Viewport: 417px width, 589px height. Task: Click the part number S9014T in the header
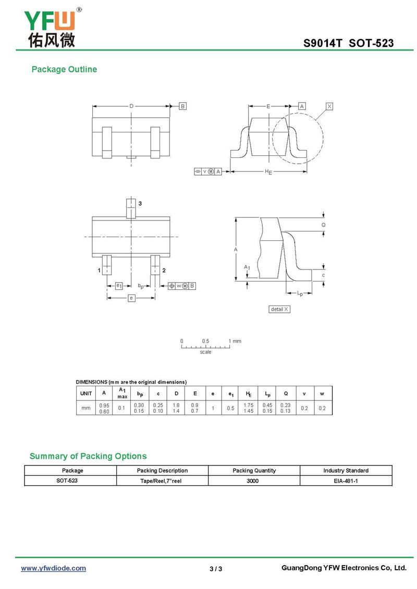tap(323, 43)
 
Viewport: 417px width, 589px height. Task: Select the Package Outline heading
tap(64, 69)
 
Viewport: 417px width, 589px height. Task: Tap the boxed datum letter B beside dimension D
tap(182, 106)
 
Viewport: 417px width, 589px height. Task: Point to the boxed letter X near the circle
tap(329, 106)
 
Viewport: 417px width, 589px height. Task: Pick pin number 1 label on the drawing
tap(99, 270)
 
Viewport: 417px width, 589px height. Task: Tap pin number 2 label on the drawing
tap(164, 270)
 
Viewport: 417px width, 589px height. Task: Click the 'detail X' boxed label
tap(279, 309)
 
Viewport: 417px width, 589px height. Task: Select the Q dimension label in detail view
tap(323, 225)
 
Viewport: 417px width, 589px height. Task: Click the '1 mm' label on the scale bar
tap(235, 341)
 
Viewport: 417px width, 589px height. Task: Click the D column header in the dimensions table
tap(176, 394)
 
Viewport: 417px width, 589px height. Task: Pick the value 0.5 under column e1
tap(230, 408)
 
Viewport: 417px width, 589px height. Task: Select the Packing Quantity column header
tap(254, 471)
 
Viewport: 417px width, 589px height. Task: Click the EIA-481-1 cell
tap(346, 481)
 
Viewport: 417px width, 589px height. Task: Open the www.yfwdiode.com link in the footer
tap(53, 568)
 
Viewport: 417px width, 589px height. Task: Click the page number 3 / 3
tap(216, 569)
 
